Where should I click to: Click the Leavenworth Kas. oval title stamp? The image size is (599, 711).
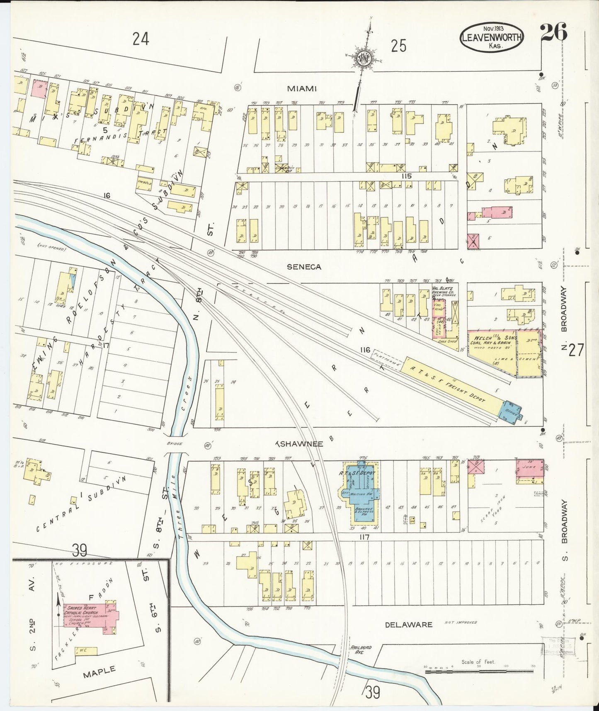click(491, 39)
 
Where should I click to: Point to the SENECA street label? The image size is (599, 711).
click(304, 267)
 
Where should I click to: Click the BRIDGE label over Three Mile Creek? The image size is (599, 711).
click(175, 444)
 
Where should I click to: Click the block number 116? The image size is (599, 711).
click(365, 351)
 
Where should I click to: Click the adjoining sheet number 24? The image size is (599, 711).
click(141, 39)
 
